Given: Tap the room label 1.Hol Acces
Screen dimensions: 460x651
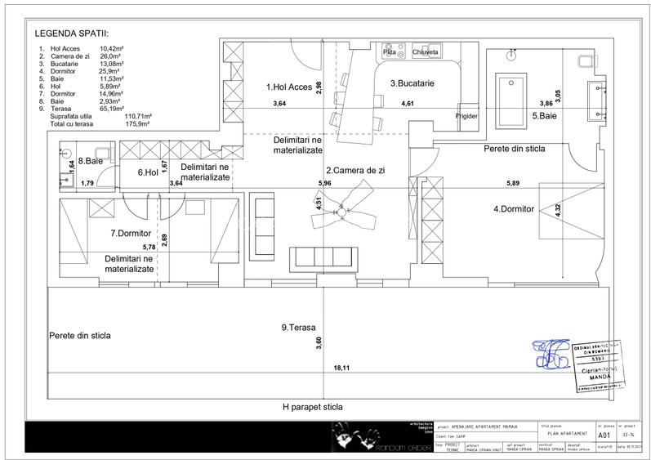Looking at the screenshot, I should (290, 87).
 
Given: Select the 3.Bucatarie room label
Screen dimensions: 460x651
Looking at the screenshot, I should (411, 83).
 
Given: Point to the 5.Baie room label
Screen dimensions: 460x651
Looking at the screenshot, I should (545, 116).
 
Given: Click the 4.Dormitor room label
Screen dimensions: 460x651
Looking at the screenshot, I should (513, 209).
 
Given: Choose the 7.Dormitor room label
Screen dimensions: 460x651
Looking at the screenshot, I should (132, 234).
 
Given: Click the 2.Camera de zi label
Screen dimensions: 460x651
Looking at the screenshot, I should (361, 171).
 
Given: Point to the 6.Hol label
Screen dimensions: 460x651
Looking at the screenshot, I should (147, 172).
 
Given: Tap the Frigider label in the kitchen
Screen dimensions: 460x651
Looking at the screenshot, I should (467, 116).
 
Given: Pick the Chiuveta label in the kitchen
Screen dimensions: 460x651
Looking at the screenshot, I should (426, 52).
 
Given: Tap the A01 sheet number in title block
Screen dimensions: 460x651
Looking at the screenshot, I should (605, 436).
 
